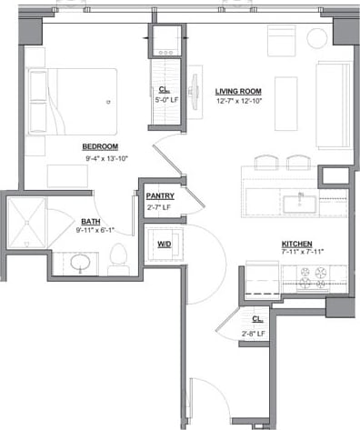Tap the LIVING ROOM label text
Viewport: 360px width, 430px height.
coord(239,92)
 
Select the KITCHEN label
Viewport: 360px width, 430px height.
coord(297,244)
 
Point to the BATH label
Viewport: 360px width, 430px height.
coord(91,220)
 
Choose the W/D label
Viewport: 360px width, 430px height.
coord(165,244)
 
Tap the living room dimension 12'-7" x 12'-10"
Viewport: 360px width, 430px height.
coord(239,103)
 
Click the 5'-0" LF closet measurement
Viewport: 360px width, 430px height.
coord(165,102)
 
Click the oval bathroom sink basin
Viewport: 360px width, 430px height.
coord(80,265)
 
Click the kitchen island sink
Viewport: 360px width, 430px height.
coord(301,202)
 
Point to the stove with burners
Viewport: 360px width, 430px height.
coord(311,282)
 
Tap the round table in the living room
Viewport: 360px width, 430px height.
coord(316,38)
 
